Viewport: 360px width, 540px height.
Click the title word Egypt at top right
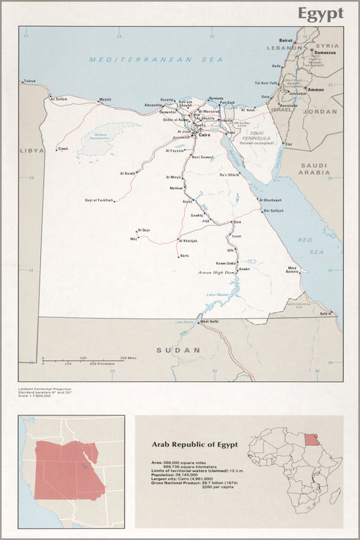(x=320, y=13)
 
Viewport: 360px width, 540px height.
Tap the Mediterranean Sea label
(x=155, y=60)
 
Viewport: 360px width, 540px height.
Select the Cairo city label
(x=204, y=134)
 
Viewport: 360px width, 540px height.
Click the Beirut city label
(x=285, y=41)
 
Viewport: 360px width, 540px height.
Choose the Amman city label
(x=316, y=89)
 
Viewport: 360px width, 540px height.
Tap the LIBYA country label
(x=32, y=150)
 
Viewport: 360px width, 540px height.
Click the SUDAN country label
(x=178, y=349)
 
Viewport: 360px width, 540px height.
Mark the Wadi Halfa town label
(x=208, y=322)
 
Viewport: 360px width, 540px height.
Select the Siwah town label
(x=63, y=148)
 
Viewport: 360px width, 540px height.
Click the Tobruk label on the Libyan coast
(x=29, y=81)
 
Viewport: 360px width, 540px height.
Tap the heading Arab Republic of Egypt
(x=195, y=444)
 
